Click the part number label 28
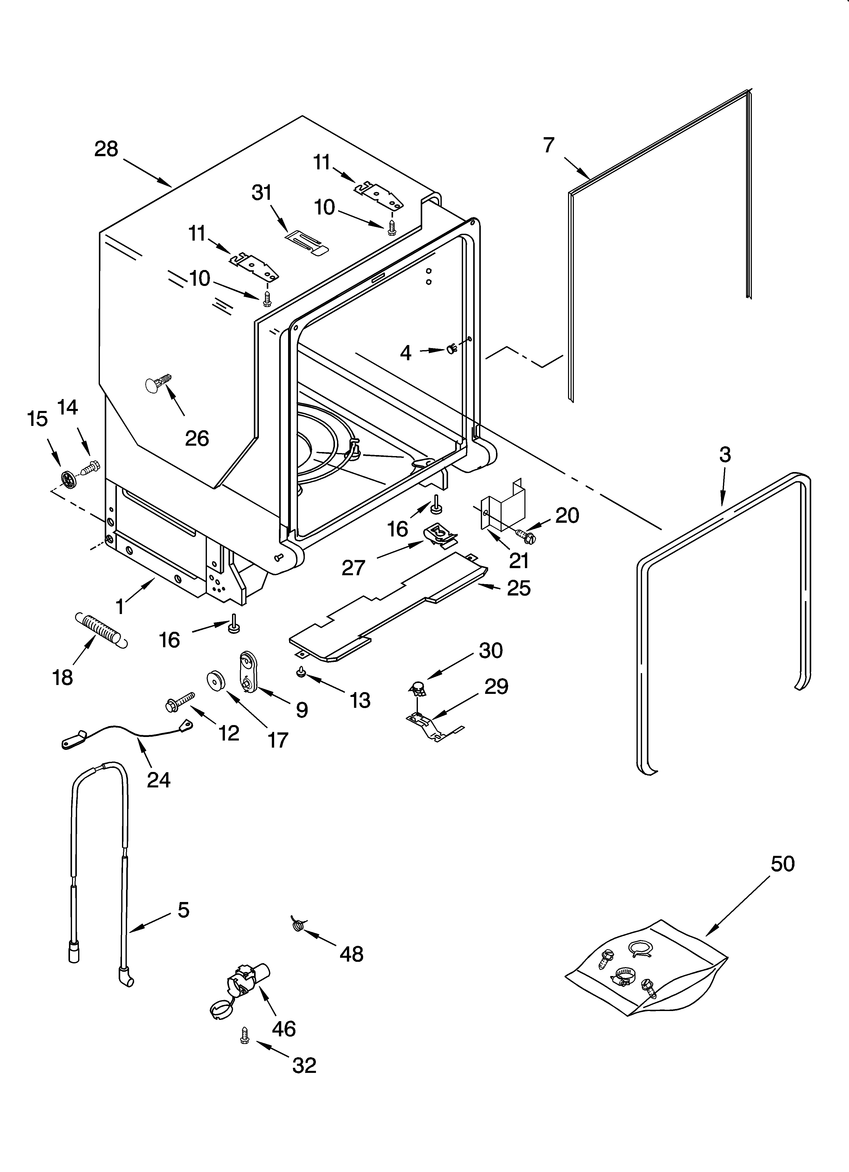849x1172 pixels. point(106,149)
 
